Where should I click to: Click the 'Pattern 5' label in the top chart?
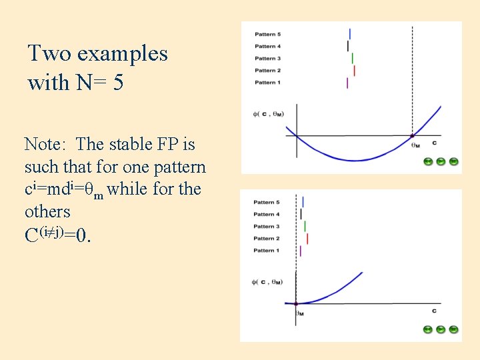point(267,34)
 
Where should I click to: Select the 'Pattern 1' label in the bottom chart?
point(267,251)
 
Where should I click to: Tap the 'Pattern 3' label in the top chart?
point(267,59)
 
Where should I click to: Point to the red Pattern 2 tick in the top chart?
point(354,71)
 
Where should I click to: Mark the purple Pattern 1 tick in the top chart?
point(347,83)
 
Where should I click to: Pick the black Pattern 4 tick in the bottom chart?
point(301,214)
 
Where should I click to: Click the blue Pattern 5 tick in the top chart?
point(350,33)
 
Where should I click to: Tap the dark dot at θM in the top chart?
point(412,136)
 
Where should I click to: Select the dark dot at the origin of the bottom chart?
point(296,303)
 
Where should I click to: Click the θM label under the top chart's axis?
point(416,145)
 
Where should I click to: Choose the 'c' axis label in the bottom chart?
point(434,311)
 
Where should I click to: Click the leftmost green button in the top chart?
point(429,161)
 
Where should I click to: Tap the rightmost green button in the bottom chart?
point(453,329)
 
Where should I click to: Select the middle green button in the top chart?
point(441,161)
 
